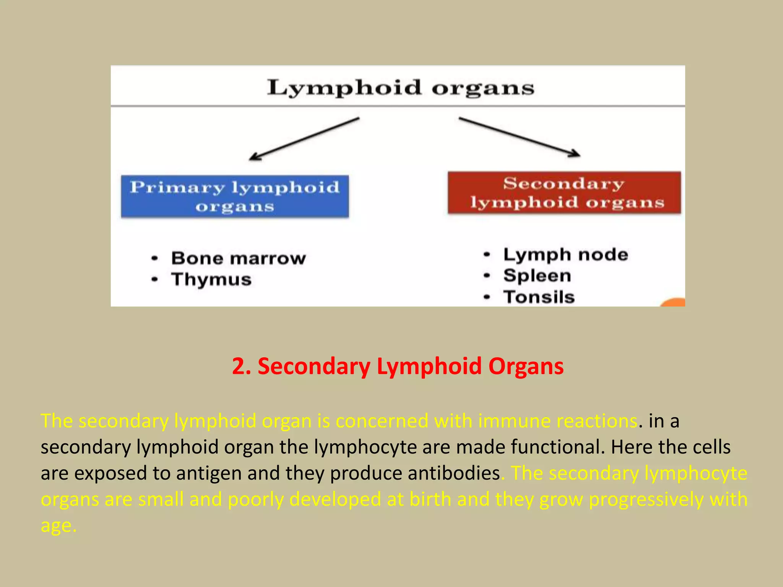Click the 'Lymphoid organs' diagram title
point(400,88)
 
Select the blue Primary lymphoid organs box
point(235,196)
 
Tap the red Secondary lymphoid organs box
point(564,193)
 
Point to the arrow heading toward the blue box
point(304,139)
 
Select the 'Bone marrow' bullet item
point(238,258)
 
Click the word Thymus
point(211,279)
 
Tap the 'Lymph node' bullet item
point(565,255)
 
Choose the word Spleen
point(537,276)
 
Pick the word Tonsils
point(539,297)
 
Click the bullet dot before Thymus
point(154,279)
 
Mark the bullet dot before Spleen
point(487,276)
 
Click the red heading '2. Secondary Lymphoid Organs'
point(398,366)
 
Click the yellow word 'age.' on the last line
point(58,525)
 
